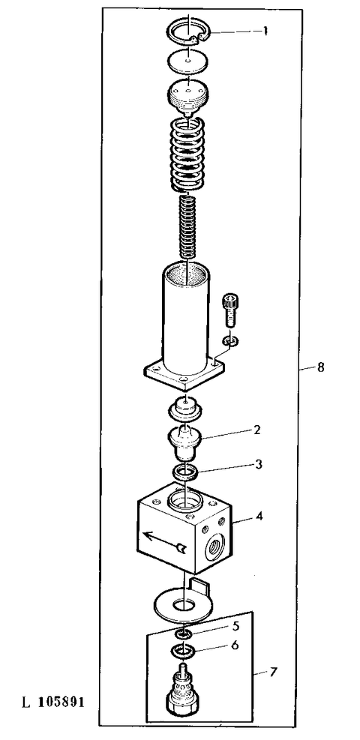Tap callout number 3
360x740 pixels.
tap(257, 464)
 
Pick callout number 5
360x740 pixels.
tap(235, 625)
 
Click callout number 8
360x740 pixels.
tap(320, 367)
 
